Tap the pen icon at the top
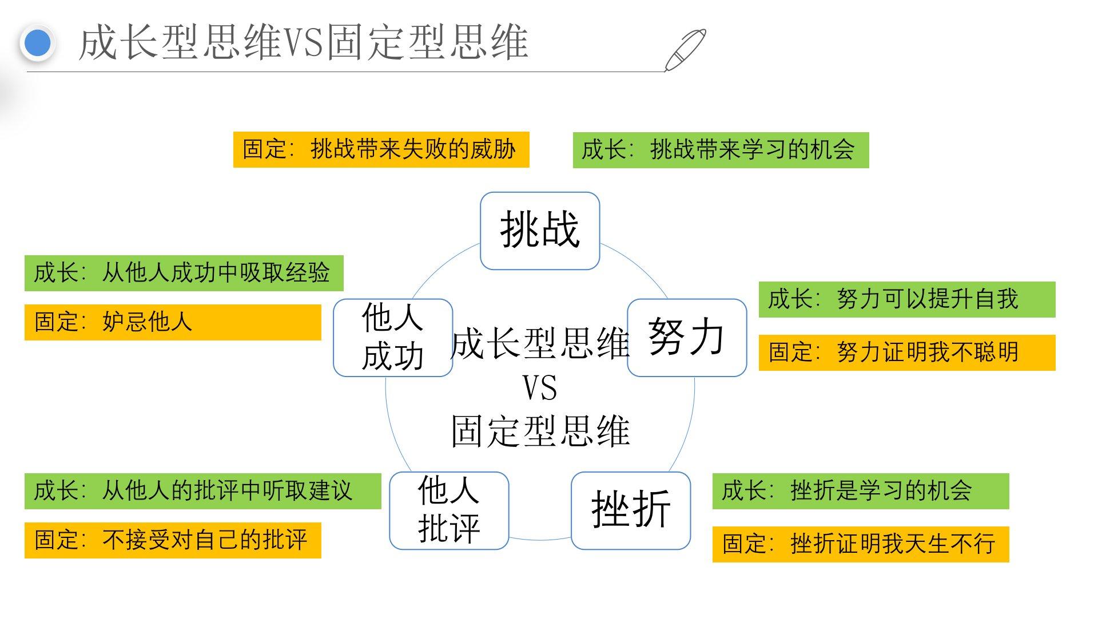point(685,50)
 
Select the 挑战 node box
point(540,231)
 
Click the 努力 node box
point(687,338)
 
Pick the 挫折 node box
point(631,510)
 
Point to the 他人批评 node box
point(449,510)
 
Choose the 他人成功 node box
point(393,338)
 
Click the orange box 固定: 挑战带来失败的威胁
point(381,150)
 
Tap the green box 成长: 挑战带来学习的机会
point(721,150)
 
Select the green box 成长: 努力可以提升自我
point(906,299)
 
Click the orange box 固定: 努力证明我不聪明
point(906,352)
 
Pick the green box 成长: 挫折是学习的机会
point(860,491)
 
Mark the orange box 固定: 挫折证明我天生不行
point(860,544)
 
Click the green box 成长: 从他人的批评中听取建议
point(202,491)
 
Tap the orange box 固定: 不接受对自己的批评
point(173,540)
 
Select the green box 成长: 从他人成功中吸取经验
point(184,273)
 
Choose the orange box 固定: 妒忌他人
point(173,322)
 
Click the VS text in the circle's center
point(540,388)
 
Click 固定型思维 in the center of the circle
point(540,431)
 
